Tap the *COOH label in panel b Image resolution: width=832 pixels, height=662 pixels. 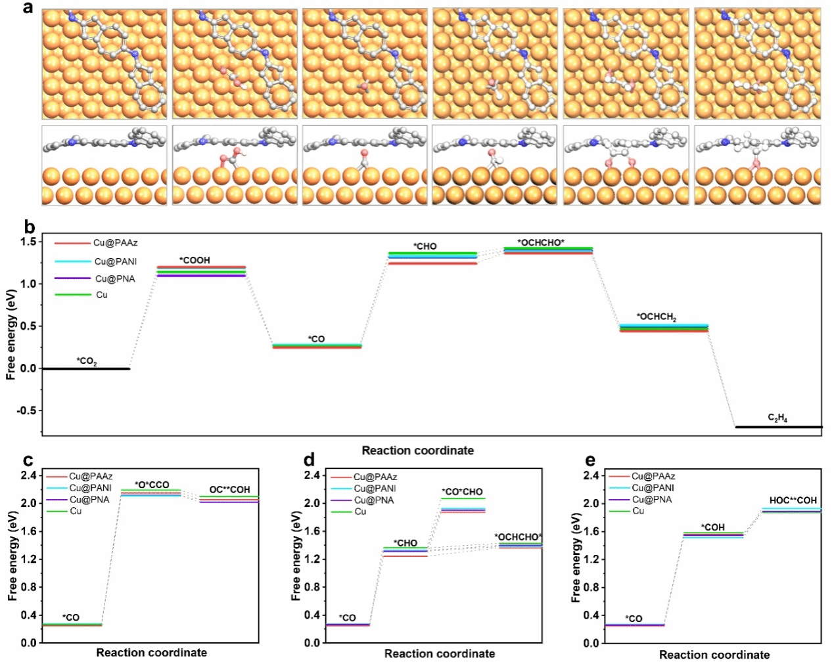195,260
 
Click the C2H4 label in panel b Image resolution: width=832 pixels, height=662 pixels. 777,418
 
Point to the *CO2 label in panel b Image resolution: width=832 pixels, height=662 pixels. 87,361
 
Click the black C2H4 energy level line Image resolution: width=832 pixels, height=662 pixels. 778,428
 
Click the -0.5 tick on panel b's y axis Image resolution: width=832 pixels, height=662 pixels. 27,410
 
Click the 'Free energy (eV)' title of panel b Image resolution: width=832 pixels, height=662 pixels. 11,334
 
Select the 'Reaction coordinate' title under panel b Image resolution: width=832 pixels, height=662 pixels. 417,451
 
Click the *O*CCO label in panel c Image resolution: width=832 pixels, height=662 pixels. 152,485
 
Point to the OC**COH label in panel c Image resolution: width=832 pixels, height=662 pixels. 229,490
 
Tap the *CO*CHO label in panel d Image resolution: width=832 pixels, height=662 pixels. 462,492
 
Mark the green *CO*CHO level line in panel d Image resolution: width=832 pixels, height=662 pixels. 463,498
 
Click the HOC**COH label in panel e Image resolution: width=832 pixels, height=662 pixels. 793,500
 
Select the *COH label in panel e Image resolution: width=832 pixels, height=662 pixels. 712,527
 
